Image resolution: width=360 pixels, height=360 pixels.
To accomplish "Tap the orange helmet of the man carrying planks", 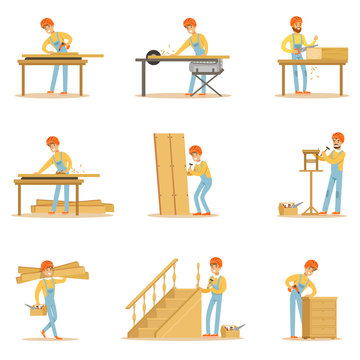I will coord(46,265).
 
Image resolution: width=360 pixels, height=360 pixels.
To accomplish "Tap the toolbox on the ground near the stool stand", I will coord(289,209).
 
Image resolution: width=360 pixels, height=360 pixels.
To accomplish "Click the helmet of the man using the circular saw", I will coord(189,22).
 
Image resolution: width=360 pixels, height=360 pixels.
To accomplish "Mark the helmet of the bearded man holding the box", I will coord(296,21).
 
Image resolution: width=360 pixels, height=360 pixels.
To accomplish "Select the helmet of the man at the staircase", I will coord(215,263).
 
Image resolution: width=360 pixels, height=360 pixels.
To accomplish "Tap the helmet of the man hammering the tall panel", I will coord(196,151).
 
